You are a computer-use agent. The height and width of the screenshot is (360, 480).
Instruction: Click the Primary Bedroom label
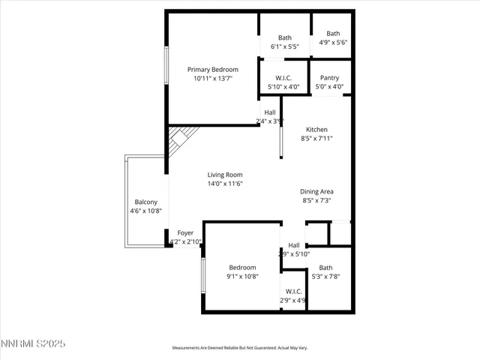tap(212, 70)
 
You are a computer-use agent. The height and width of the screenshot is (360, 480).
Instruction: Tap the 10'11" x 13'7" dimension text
tap(212, 79)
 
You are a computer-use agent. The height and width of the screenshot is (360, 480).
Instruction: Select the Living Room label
tap(225, 175)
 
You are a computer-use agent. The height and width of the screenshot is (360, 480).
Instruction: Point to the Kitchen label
tap(316, 130)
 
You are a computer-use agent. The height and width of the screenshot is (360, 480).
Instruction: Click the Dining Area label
tap(316, 192)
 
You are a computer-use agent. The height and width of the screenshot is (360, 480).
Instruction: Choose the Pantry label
tap(329, 78)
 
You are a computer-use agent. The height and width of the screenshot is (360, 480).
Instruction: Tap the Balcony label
tap(145, 202)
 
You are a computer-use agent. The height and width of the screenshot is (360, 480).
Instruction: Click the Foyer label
tap(184, 233)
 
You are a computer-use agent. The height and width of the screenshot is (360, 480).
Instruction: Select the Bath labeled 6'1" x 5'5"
tap(284, 37)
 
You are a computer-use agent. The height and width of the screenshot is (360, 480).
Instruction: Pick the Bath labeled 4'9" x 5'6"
tap(332, 34)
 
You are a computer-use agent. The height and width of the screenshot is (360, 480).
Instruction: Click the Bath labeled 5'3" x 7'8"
tap(325, 268)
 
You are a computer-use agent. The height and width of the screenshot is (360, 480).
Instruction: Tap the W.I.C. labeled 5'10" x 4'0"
tap(283, 78)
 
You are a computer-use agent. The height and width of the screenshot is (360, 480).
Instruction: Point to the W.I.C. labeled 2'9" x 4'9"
tap(293, 292)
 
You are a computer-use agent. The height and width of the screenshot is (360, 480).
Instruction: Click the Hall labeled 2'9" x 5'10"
tap(293, 245)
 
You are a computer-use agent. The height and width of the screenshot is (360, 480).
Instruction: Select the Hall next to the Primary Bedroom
tap(269, 112)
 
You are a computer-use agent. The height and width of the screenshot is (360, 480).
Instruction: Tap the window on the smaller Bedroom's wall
tap(202, 275)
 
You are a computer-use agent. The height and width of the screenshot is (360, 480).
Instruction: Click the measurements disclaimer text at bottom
tap(239, 348)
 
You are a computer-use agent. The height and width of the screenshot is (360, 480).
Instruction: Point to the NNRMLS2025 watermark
tap(34, 343)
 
